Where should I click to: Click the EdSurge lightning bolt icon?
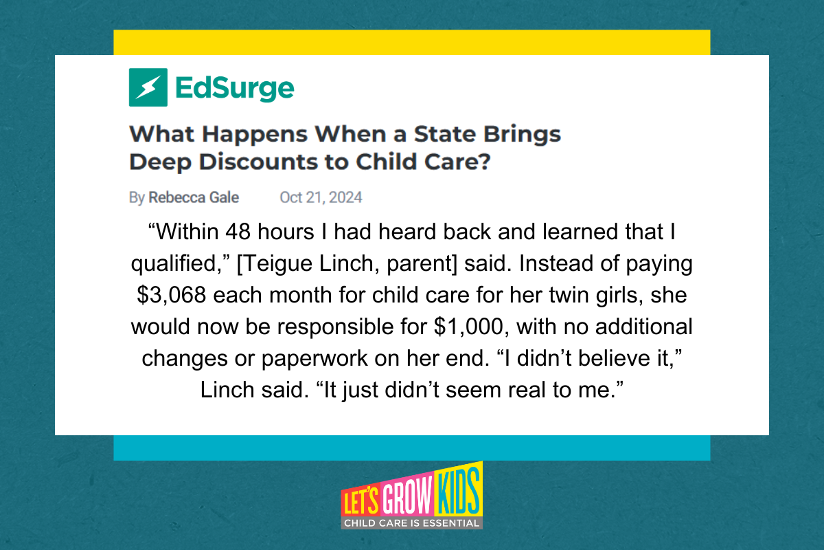pyautogui.click(x=148, y=87)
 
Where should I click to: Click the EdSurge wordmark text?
pyautogui.click(x=235, y=89)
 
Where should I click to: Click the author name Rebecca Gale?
pyautogui.click(x=194, y=197)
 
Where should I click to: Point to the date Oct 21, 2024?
pyautogui.click(x=321, y=197)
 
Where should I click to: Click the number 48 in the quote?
pyautogui.click(x=238, y=232)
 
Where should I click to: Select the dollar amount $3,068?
pyautogui.click(x=171, y=296)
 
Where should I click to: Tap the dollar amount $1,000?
pyautogui.click(x=468, y=327)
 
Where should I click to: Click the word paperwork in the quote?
pyautogui.click(x=314, y=359)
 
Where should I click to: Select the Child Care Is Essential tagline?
pyautogui.click(x=411, y=523)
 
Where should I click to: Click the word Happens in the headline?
pyautogui.click(x=255, y=135)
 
